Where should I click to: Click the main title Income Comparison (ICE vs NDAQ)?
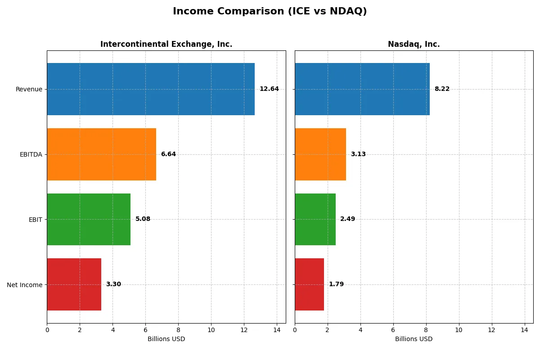270,12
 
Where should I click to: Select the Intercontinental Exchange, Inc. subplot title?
166,44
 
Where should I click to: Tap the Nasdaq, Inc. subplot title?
414,44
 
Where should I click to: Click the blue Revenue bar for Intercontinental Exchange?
151,89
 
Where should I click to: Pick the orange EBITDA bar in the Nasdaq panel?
320,154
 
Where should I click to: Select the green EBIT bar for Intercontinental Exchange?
89,219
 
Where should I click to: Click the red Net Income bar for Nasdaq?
309,284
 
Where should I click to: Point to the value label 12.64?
269,89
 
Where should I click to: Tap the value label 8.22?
442,89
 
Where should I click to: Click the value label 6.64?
168,154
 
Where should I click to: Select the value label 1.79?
336,284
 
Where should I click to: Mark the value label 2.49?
347,219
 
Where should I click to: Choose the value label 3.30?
113,284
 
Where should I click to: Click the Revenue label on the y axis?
29,89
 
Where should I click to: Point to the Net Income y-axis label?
25,285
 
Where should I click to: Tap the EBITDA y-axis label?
31,154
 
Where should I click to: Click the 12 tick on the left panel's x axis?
244,330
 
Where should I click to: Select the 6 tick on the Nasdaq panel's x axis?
393,330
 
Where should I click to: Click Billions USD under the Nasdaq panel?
414,339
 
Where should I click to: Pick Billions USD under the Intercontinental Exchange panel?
166,339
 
